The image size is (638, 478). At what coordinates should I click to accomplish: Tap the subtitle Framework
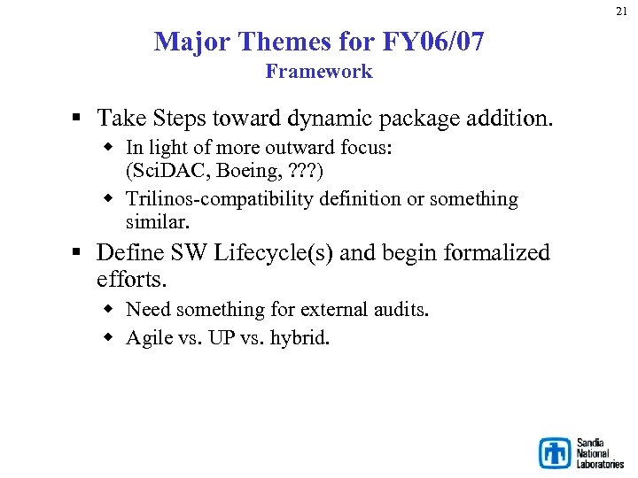pos(319,72)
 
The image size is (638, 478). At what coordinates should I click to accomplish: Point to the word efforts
pos(131,280)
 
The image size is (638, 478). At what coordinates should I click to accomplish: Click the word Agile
pos(148,338)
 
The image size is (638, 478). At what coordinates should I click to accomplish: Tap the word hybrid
pos(299,337)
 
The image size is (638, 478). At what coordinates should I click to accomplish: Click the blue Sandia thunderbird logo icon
pos(556,452)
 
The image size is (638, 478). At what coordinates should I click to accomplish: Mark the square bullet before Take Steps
pos(79,119)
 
